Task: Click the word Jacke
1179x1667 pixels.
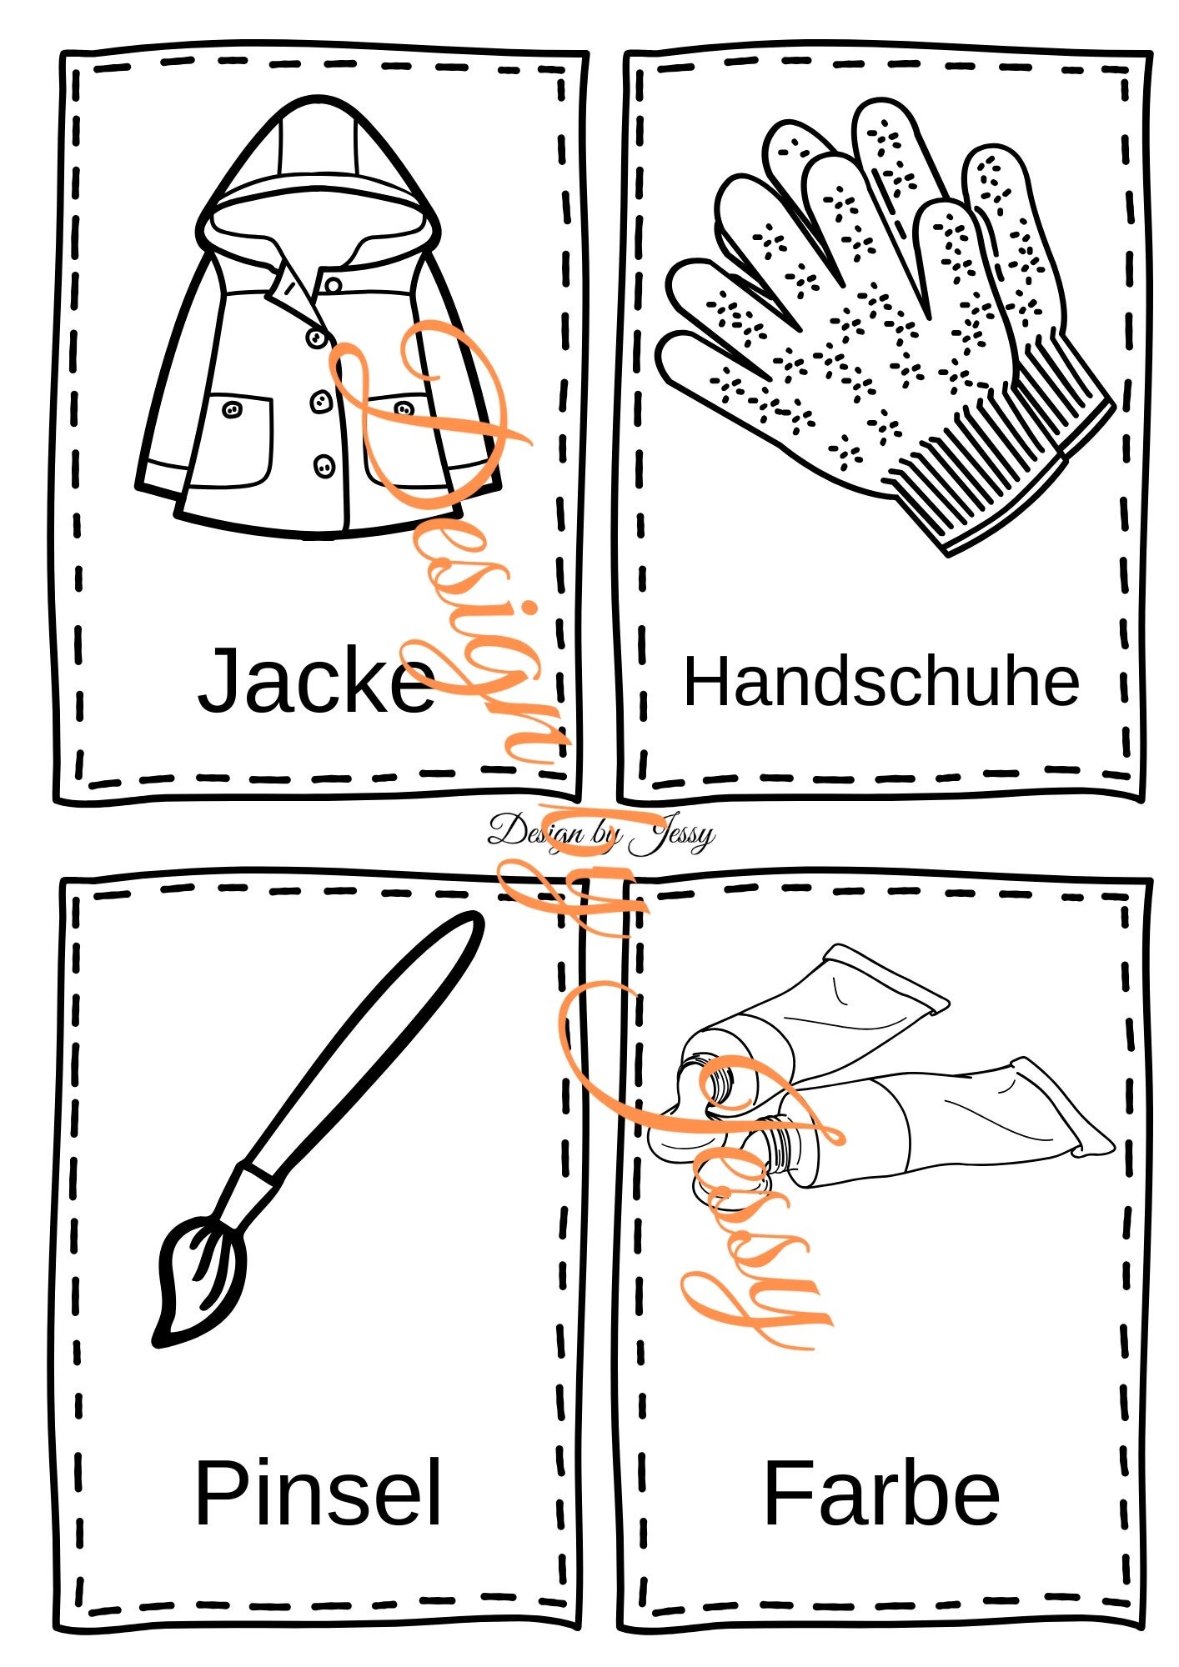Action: click(316, 680)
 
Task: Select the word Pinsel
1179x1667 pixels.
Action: click(318, 1492)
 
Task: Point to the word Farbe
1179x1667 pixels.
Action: click(881, 1492)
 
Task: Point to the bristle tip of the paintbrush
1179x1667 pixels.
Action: click(160, 1341)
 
